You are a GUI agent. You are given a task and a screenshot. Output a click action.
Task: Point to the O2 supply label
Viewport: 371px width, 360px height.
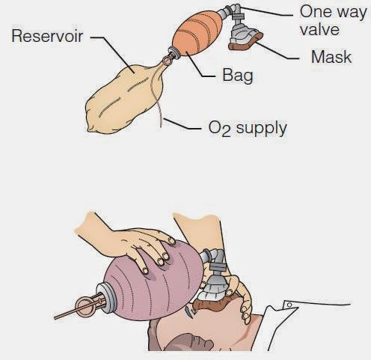(247, 128)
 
